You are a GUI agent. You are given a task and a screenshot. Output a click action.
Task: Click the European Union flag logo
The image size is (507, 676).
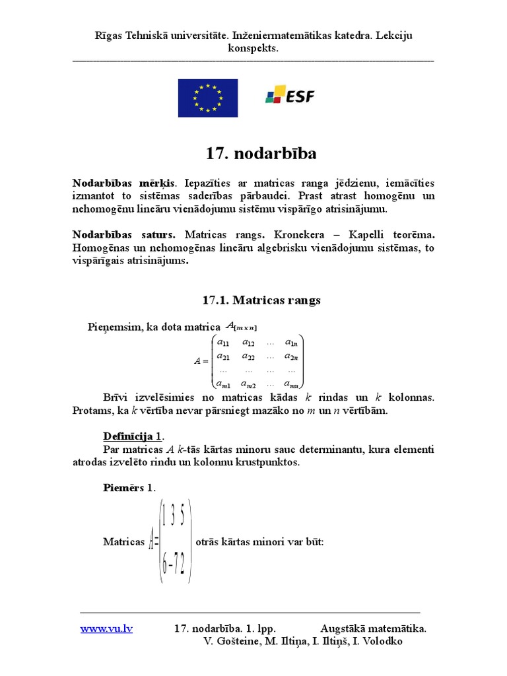pos(207,98)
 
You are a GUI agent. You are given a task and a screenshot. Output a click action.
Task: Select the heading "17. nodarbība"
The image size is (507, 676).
pos(261,154)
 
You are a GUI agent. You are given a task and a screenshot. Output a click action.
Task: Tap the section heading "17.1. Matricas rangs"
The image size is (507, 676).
pos(261,300)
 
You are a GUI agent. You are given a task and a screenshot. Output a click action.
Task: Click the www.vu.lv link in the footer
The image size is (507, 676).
pos(106,628)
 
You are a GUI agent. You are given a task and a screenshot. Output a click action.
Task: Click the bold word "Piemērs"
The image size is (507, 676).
pos(123,487)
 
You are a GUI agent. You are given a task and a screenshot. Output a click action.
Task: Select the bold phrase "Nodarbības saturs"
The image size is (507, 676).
pos(124,234)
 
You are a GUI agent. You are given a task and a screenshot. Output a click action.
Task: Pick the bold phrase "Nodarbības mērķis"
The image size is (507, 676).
pos(124,183)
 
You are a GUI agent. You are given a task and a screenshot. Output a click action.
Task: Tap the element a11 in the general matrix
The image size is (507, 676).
pos(224,343)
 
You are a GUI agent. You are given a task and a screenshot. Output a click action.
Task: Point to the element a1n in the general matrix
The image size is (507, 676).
pos(290,343)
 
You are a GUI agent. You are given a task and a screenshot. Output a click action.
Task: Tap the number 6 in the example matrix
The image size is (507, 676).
pos(164,564)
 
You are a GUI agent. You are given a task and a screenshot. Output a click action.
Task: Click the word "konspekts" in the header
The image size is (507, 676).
pos(253,48)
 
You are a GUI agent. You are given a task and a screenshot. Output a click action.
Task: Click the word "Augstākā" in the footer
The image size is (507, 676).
pos(344,628)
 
